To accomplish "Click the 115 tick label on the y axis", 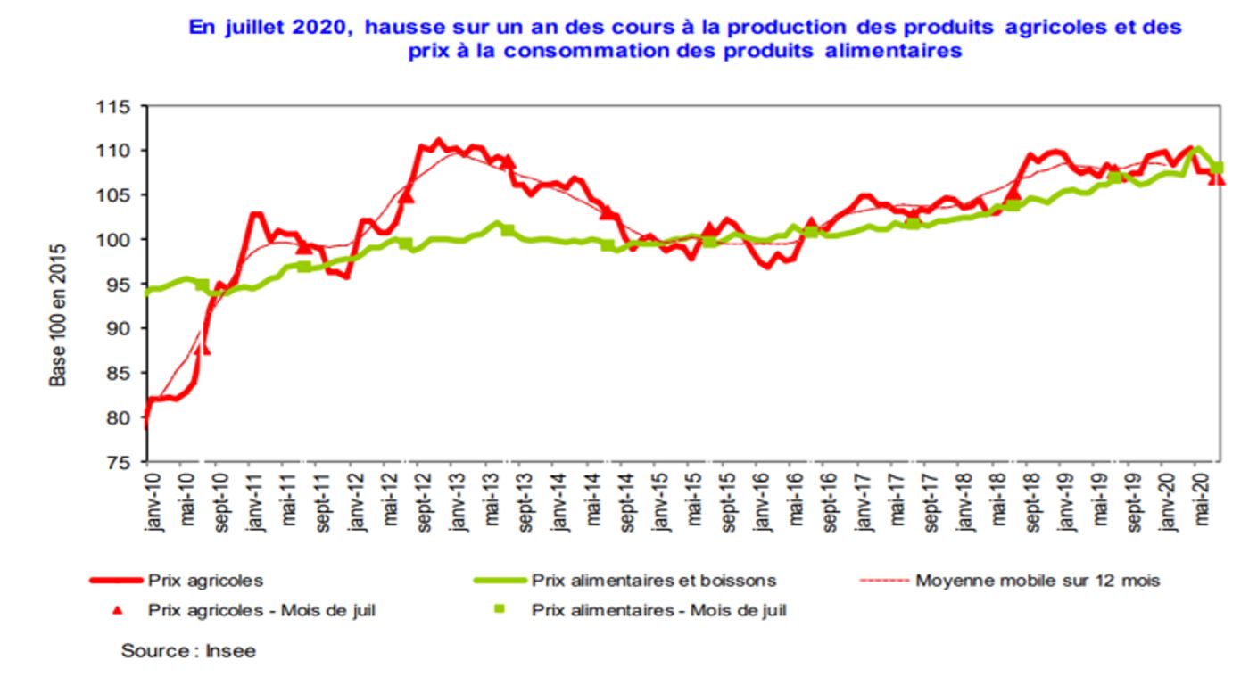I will [114, 107].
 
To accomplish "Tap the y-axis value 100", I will [114, 240].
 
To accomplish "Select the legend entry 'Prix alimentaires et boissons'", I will [654, 581].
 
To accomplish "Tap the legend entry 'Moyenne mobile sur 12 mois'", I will [1038, 581].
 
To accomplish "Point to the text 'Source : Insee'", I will [188, 651].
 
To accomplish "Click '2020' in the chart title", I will [315, 28].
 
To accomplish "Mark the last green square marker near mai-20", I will [1216, 168].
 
